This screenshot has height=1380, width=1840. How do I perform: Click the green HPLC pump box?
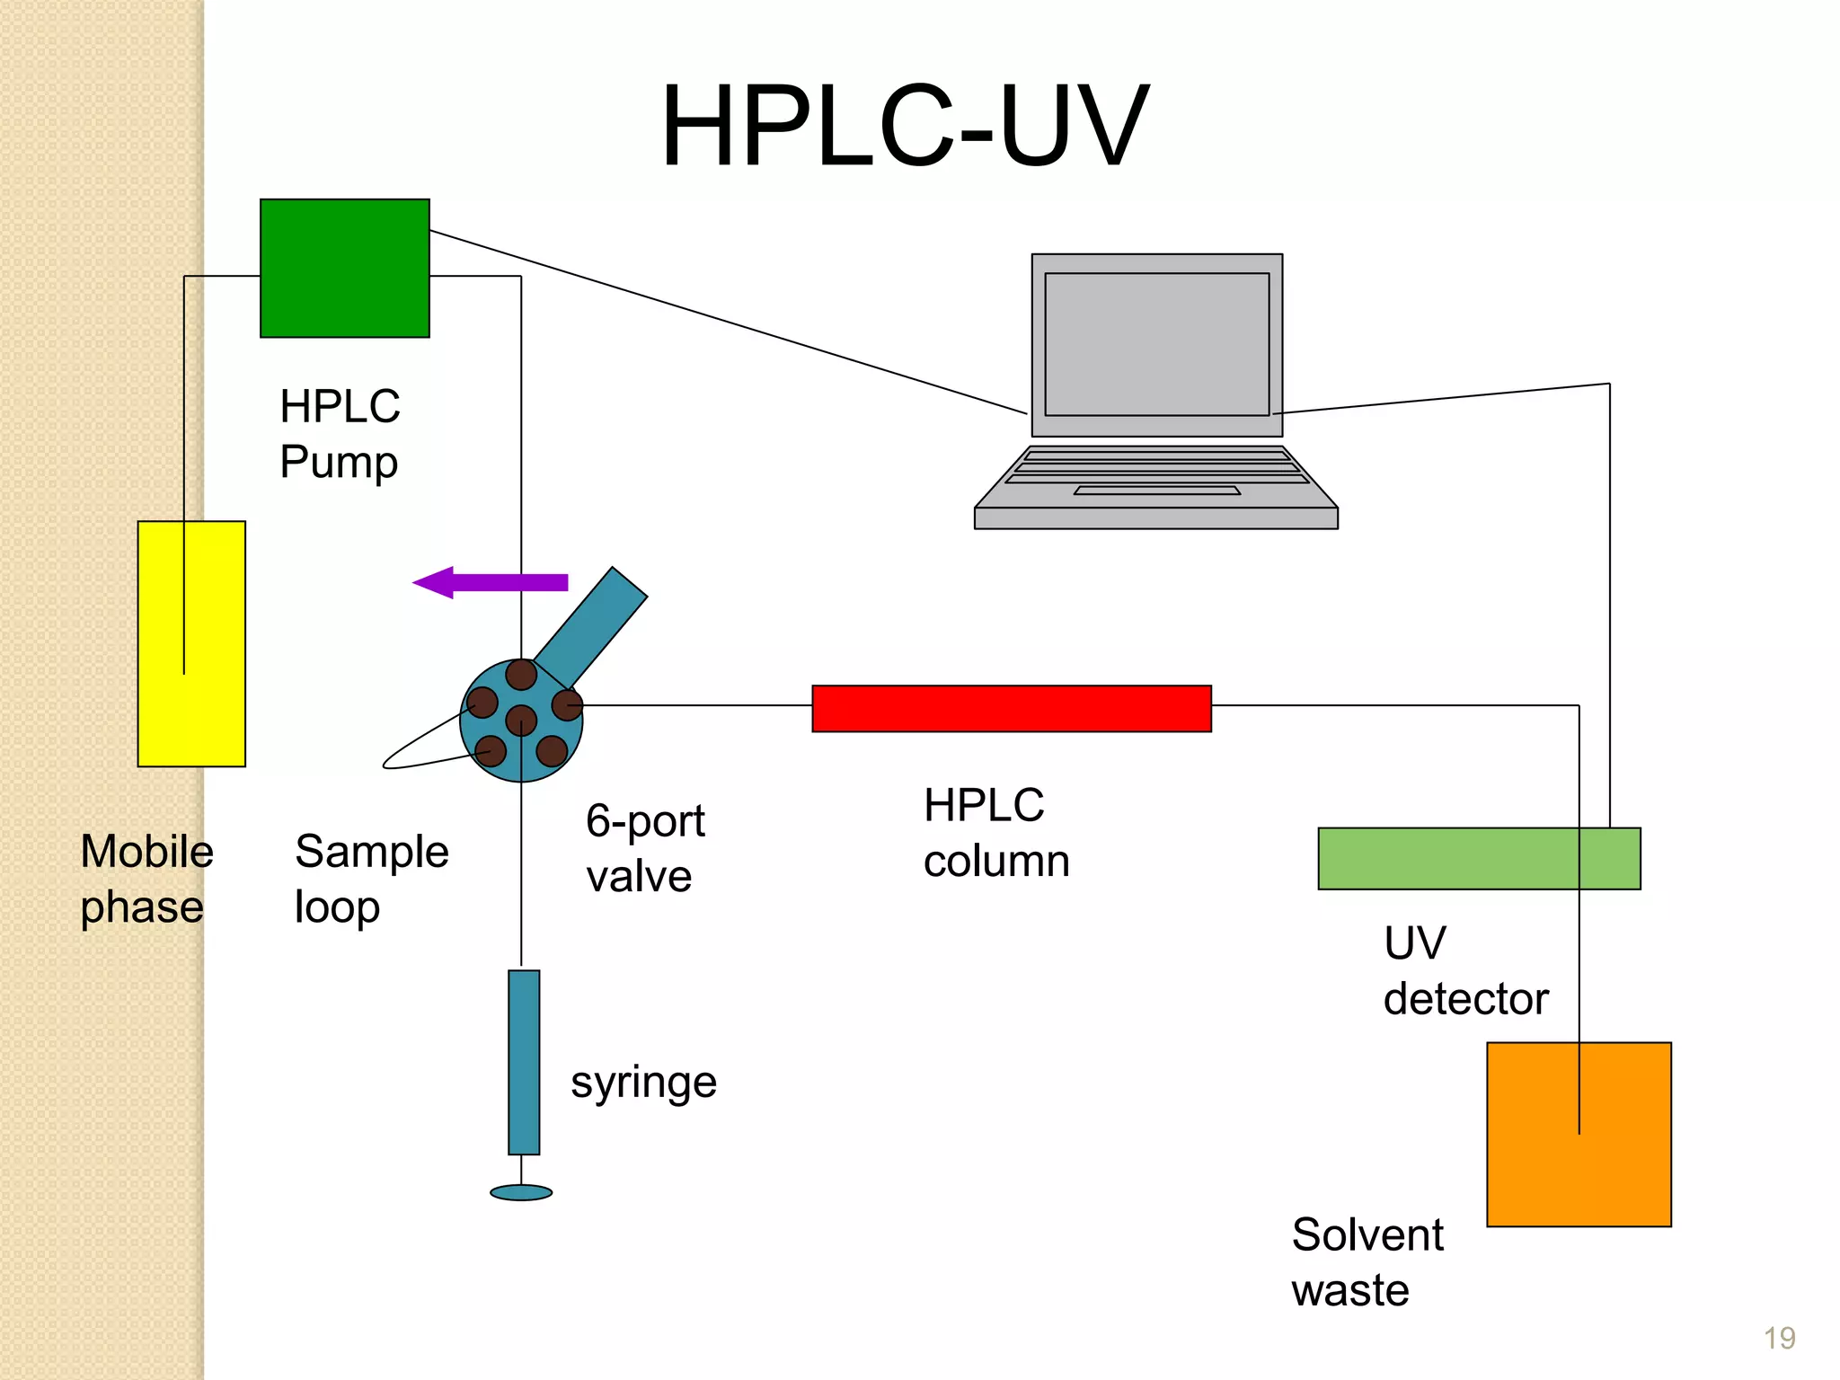coord(344,268)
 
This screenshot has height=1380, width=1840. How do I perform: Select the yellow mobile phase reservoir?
coord(191,643)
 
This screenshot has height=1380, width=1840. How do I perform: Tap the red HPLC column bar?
coord(1011,708)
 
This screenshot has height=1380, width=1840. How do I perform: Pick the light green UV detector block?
coord(1478,858)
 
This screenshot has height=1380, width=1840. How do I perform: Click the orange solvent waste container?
coord(1579,1134)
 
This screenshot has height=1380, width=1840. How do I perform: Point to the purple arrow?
coord(490,582)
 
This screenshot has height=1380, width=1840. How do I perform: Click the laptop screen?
coord(1156,344)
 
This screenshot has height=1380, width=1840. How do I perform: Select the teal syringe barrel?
coord(524,1061)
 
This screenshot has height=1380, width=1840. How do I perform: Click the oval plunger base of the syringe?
coord(521,1192)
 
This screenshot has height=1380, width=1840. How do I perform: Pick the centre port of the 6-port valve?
coord(521,720)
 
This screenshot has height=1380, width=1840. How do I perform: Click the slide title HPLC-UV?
coord(905,126)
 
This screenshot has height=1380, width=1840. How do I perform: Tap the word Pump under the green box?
coord(339,463)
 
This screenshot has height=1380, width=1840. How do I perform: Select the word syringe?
coord(643,1083)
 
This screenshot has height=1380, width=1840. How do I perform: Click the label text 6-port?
coord(645,821)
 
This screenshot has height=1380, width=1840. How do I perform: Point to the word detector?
coord(1465,998)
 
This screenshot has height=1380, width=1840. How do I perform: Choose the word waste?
coord(1349,1290)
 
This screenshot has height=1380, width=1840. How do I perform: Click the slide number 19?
coord(1779,1338)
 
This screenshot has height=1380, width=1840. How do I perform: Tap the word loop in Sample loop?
coord(337,907)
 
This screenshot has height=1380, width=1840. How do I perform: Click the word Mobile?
coord(146,851)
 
